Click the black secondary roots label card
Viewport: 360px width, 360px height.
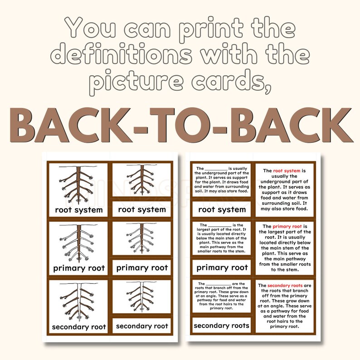(x=222, y=325)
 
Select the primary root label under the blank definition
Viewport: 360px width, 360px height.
(x=222, y=268)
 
